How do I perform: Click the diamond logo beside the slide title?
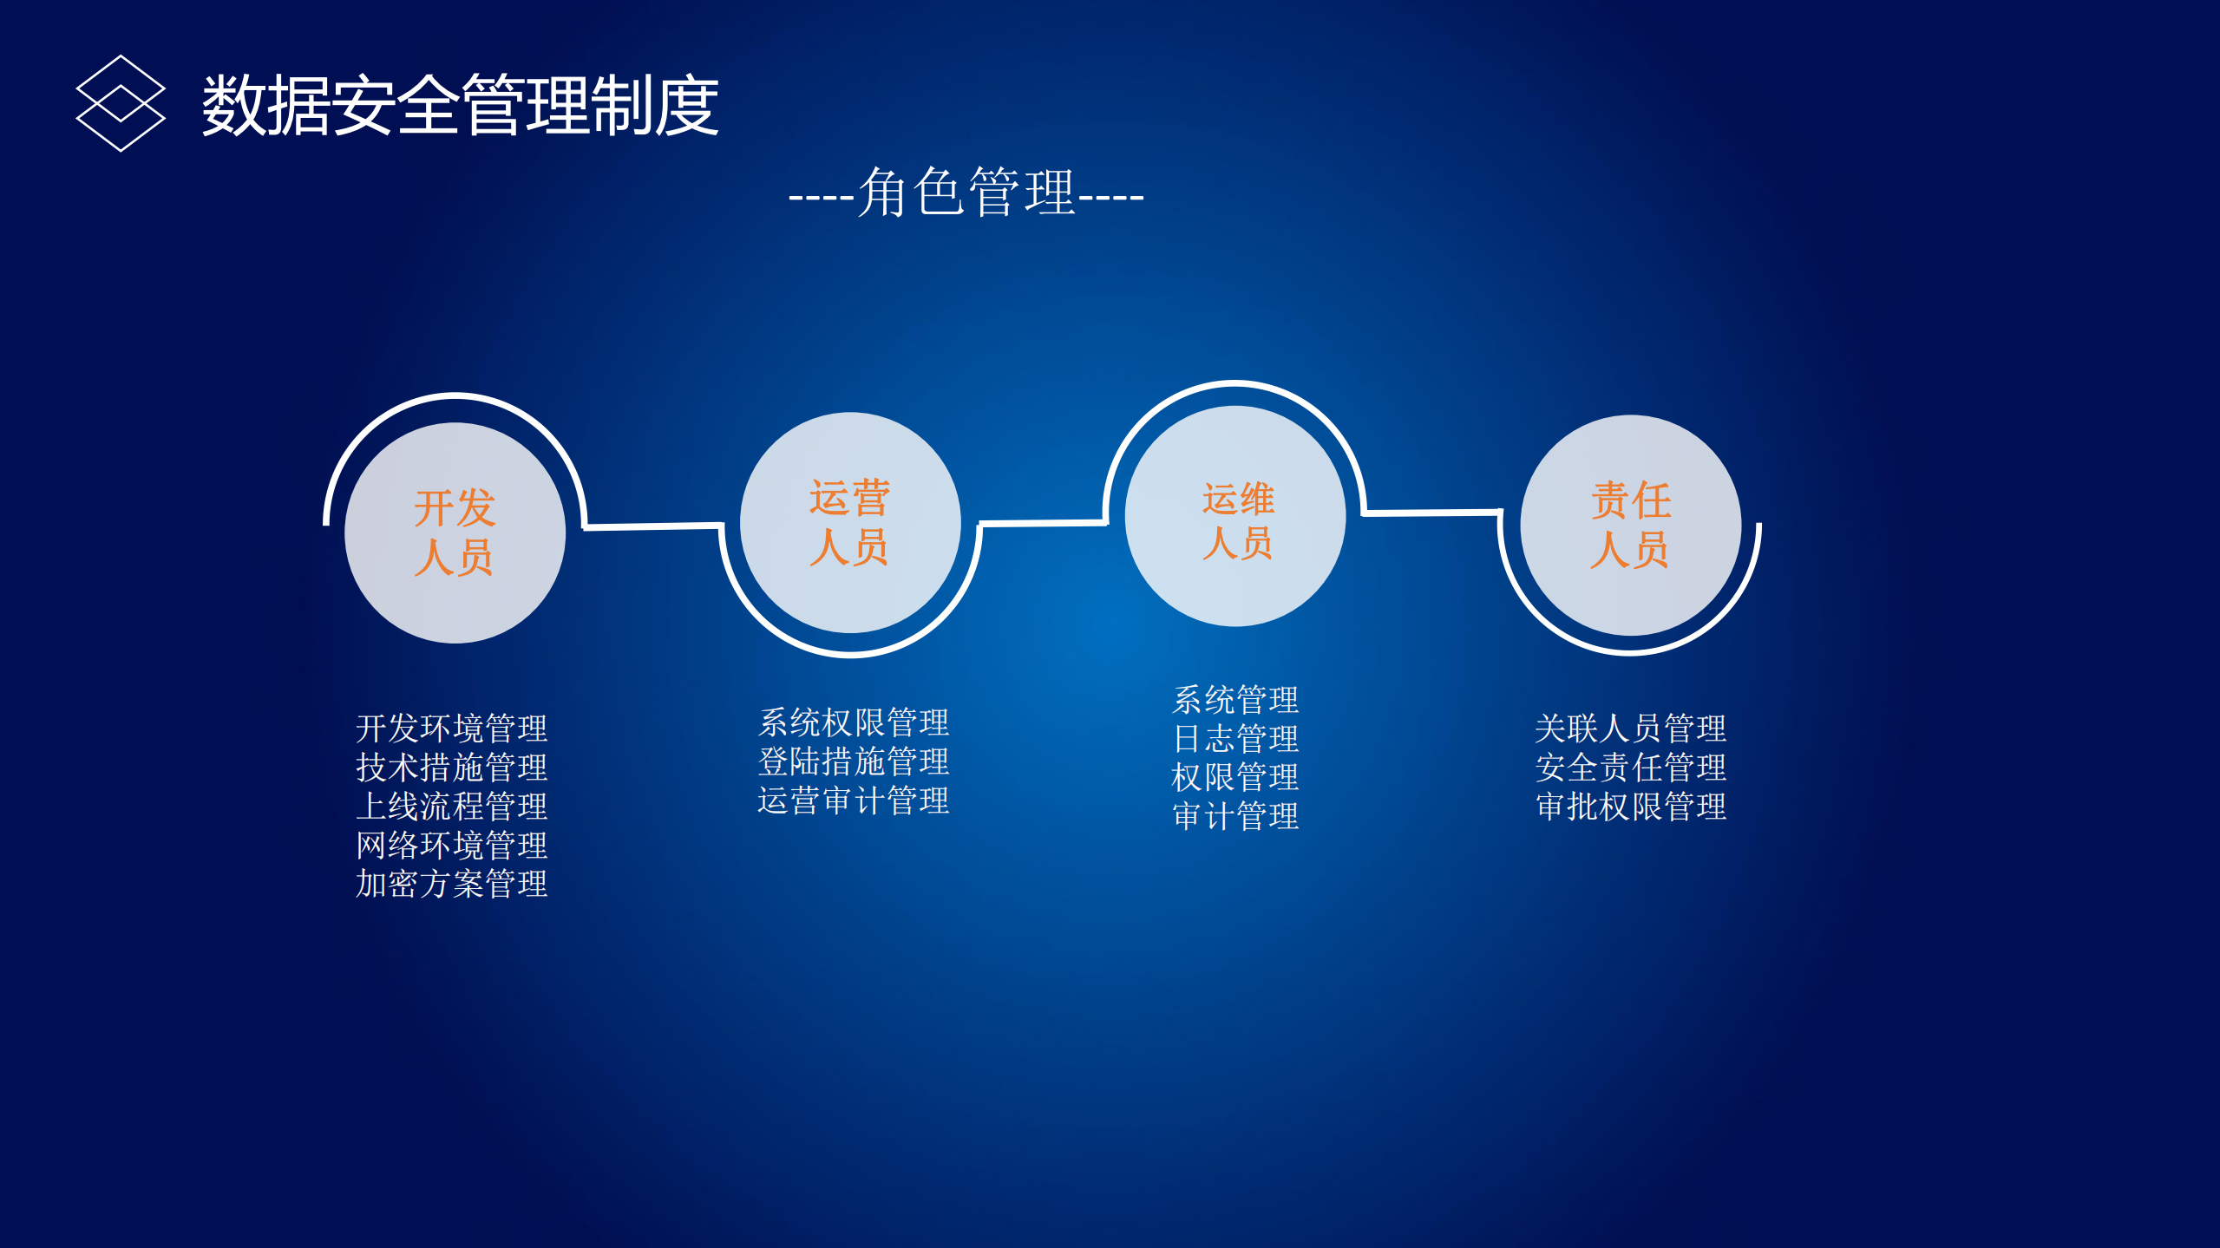(x=121, y=103)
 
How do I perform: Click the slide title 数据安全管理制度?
(x=460, y=105)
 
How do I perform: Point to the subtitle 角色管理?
(x=966, y=193)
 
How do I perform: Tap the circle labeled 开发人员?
(x=455, y=533)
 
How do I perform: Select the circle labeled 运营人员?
(x=849, y=522)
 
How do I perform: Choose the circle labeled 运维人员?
(x=1234, y=516)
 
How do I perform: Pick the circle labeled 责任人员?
(x=1630, y=525)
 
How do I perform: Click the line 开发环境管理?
(x=451, y=729)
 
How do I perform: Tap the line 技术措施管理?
(x=451, y=768)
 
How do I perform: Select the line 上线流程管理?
(x=451, y=807)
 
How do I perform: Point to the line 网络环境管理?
(x=451, y=846)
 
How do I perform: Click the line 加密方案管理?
(x=451, y=885)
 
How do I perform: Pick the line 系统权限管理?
(x=854, y=722)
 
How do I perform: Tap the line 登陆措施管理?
(x=854, y=761)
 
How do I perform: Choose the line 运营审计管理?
(x=854, y=800)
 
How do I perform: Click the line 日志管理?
(x=1235, y=739)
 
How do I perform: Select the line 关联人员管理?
(x=1630, y=729)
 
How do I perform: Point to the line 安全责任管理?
(x=1630, y=768)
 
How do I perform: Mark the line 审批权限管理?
(x=1630, y=807)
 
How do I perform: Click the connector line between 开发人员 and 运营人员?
(x=652, y=526)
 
